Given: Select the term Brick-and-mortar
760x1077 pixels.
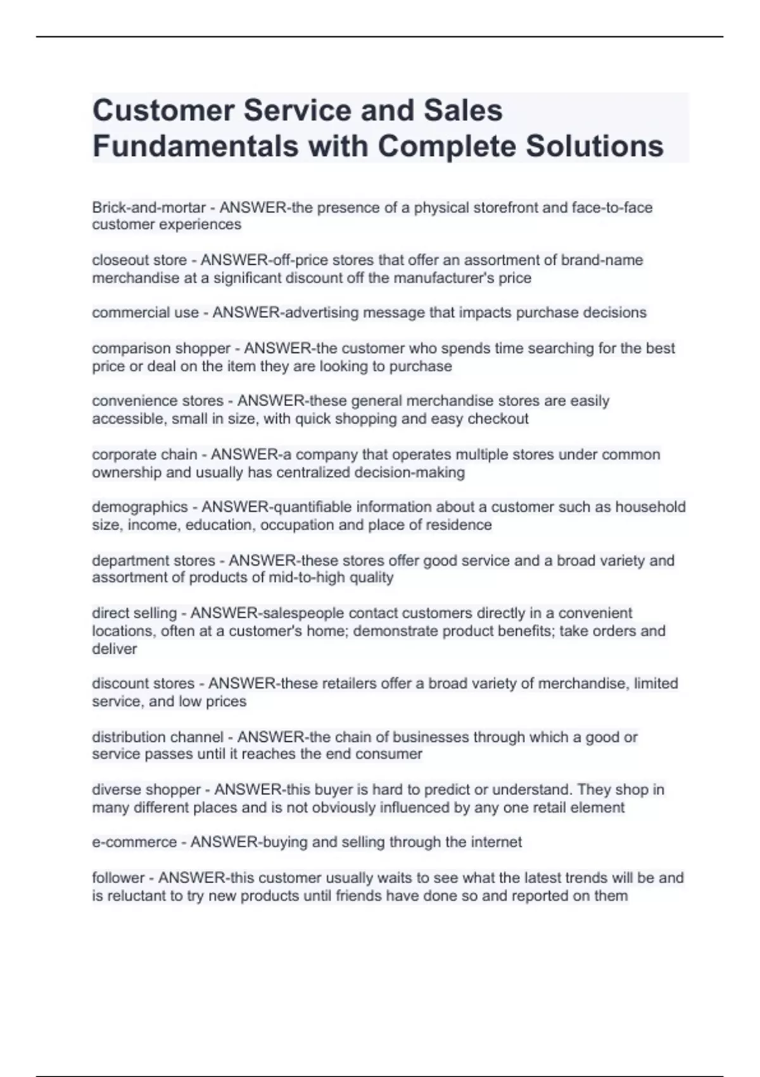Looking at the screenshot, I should coord(149,208).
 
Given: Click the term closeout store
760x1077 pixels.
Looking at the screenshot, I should coord(139,260).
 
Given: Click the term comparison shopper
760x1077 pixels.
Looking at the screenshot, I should coord(161,348).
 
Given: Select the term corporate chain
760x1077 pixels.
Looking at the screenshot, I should coord(144,455).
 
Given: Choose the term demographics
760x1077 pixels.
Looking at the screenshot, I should coord(140,507).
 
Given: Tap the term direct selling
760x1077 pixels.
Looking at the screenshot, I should coord(134,613).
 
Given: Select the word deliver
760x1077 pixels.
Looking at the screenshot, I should coord(114,649).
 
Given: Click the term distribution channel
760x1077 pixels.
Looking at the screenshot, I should coord(158,737).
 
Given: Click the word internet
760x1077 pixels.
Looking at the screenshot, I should coord(496,843).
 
